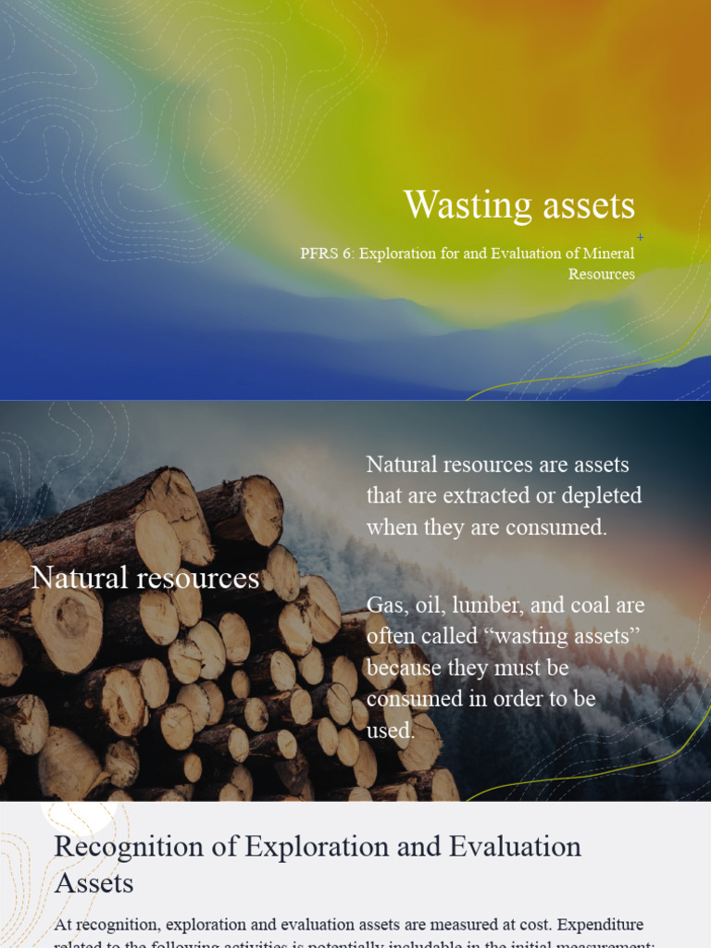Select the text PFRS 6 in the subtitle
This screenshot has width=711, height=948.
coord(326,254)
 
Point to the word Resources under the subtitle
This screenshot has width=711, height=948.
coord(602,274)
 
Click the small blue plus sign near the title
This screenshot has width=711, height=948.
coord(640,238)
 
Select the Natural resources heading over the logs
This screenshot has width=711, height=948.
coord(145,579)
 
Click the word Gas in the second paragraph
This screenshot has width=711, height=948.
coord(385,605)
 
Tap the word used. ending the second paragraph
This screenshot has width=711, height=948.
coord(391,731)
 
